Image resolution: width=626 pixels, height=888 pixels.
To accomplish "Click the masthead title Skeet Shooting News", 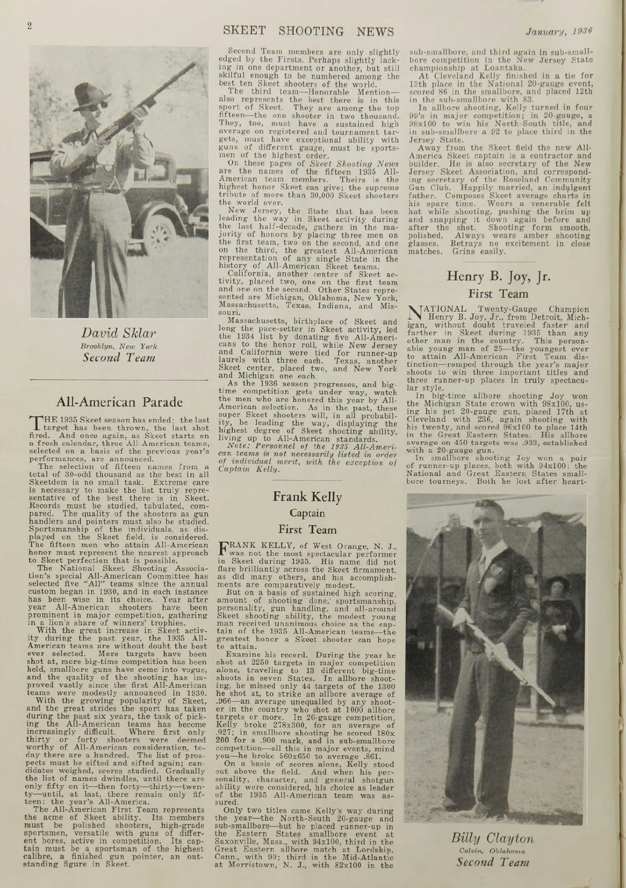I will [x=308, y=31].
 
